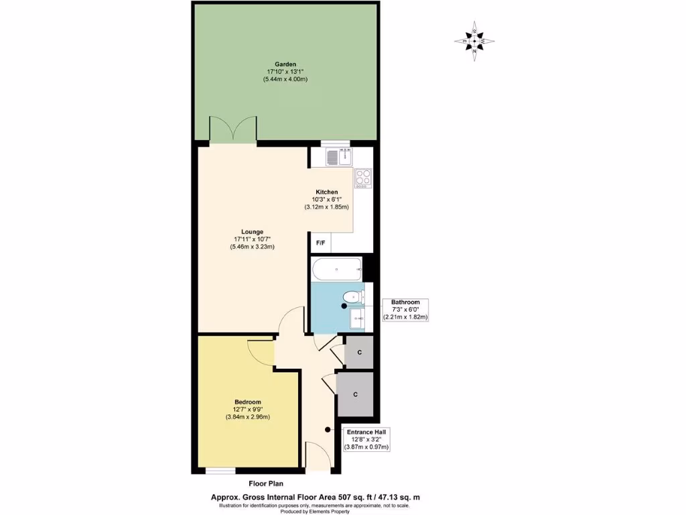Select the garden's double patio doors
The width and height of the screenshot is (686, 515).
[x=232, y=130]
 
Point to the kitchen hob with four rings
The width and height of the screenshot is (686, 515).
[x=363, y=178]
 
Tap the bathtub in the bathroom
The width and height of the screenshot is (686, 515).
[x=337, y=270]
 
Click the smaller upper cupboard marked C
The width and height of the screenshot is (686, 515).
[x=359, y=353]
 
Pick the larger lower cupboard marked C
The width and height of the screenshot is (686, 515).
[x=355, y=394]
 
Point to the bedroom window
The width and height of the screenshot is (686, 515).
[x=220, y=471]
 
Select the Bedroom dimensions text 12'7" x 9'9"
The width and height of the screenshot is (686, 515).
[x=248, y=410]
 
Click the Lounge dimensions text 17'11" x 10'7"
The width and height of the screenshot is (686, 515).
[x=253, y=239]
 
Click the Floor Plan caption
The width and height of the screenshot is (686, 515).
[x=267, y=483]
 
